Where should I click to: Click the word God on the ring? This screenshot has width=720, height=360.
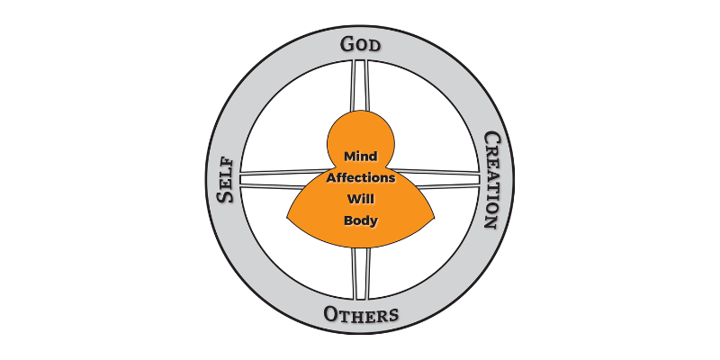point(360,44)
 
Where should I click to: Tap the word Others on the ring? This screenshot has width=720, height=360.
point(360,316)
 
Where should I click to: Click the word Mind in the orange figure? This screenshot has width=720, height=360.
point(360,157)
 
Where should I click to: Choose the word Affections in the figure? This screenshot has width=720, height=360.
point(360,178)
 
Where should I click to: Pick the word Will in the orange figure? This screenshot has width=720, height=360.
point(360,199)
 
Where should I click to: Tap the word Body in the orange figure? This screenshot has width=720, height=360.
point(360,220)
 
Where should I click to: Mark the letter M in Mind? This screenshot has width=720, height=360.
point(347,157)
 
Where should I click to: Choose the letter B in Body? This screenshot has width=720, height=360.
point(347,220)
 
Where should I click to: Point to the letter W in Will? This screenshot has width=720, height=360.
point(351,199)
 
